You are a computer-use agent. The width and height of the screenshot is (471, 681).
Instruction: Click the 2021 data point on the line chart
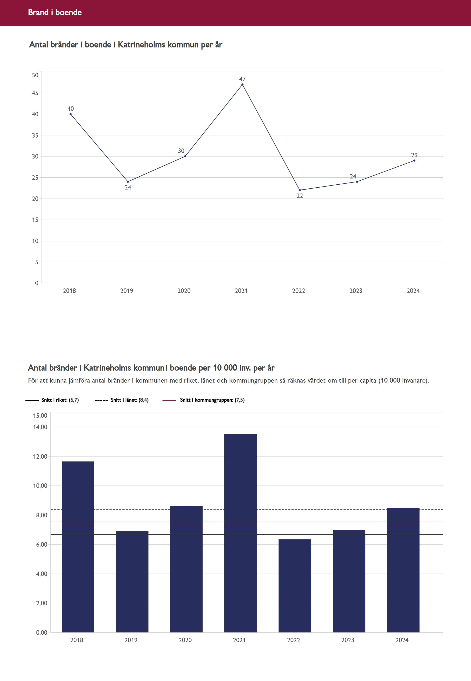coord(242,84)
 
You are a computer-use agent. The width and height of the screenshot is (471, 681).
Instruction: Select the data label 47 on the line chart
coord(242,79)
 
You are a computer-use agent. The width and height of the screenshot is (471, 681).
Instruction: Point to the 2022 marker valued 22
coord(300,190)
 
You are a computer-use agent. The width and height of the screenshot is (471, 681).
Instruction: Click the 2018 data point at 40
coord(71,114)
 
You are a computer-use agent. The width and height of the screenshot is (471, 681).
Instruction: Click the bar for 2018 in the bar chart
coord(78,546)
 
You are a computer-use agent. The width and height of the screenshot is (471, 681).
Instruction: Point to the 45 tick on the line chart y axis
coord(35,93)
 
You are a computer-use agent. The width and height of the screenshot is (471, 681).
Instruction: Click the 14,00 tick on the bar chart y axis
coord(40,427)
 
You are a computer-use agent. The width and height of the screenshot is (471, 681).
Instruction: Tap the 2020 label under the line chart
coord(184,291)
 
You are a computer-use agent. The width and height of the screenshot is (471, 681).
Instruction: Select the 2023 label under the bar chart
coord(348,640)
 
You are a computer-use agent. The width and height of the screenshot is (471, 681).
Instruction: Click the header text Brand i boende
coord(55,12)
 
